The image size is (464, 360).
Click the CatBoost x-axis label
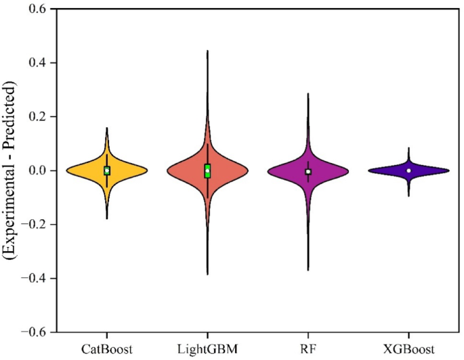[x=106, y=349]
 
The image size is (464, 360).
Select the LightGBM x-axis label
[x=207, y=349]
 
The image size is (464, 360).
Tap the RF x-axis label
[x=308, y=349]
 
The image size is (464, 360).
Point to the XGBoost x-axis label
[x=408, y=349]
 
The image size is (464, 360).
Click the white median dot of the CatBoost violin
[x=106, y=171]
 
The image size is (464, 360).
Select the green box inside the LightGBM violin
[x=207, y=171]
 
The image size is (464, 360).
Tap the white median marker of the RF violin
[x=308, y=172]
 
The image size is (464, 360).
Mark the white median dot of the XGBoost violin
[x=408, y=171]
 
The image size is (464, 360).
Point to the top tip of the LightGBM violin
[x=207, y=51]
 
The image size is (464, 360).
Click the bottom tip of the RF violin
[x=308, y=270]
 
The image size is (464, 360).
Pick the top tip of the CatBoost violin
[x=106, y=128]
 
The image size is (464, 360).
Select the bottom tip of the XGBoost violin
[x=408, y=196]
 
